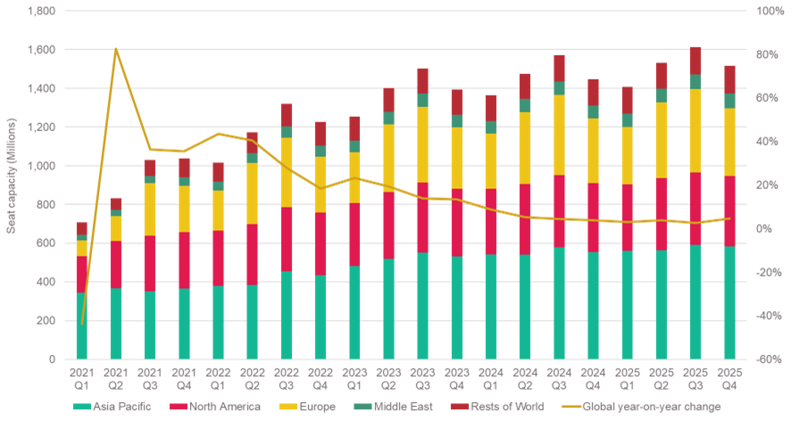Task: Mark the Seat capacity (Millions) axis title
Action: [x=11, y=186]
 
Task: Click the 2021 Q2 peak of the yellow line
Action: [x=116, y=49]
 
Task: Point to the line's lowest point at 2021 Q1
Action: [x=82, y=324]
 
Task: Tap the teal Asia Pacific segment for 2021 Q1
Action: [x=82, y=326]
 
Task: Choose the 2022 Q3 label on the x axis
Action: [x=286, y=380]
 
